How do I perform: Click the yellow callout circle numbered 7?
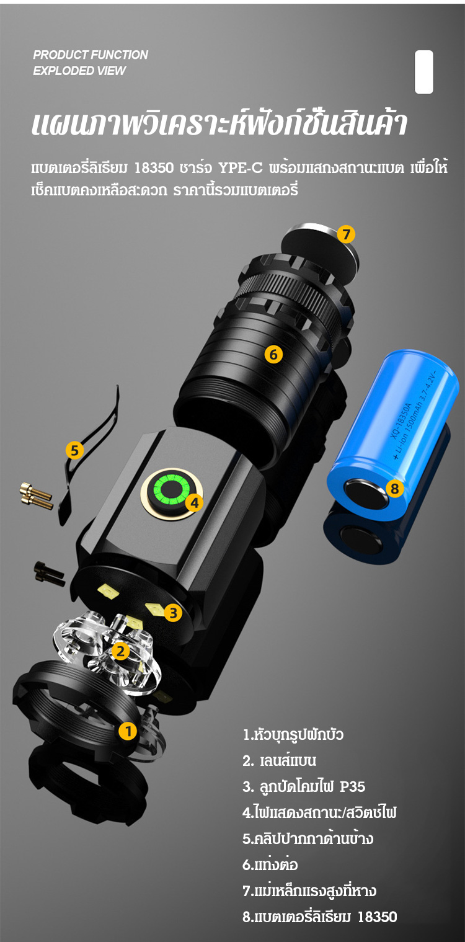coord(346,234)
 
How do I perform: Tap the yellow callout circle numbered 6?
coord(273,355)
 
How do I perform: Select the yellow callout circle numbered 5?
coord(74,450)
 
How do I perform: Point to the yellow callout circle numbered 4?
coord(194,502)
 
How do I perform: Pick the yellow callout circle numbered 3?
coord(173,613)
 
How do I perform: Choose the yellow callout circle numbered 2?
coord(121,651)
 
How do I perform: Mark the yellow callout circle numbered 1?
coord(128,731)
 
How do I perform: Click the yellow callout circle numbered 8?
coord(394,488)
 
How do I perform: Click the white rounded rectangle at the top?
coord(424,72)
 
